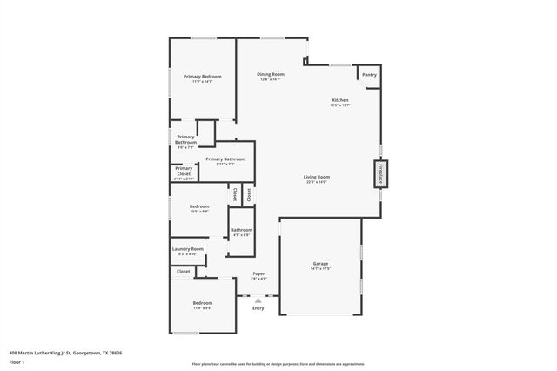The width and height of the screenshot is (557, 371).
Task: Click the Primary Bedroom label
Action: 202,77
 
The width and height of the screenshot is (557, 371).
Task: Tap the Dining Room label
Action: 271,74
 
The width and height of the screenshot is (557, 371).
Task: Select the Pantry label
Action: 369,75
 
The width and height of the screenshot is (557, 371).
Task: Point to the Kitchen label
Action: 340,100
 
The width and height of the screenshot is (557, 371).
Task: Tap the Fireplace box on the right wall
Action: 379,173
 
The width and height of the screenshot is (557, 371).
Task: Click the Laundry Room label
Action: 186,249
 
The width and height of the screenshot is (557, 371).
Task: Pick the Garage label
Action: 320,263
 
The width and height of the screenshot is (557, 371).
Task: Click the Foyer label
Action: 258,273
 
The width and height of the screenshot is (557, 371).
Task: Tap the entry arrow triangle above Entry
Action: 258,300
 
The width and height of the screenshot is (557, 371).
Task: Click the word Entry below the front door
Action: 258,308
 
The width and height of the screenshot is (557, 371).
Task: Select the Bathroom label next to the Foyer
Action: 241,230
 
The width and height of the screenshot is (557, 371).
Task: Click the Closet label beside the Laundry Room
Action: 184,272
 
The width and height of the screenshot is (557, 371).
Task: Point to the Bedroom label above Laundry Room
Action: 199,206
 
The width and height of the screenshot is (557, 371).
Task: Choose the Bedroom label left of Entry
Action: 202,302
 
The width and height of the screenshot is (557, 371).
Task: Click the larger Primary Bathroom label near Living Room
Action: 225,159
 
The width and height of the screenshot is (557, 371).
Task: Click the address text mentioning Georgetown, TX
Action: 65,353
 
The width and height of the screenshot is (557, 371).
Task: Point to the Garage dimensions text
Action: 320,268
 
